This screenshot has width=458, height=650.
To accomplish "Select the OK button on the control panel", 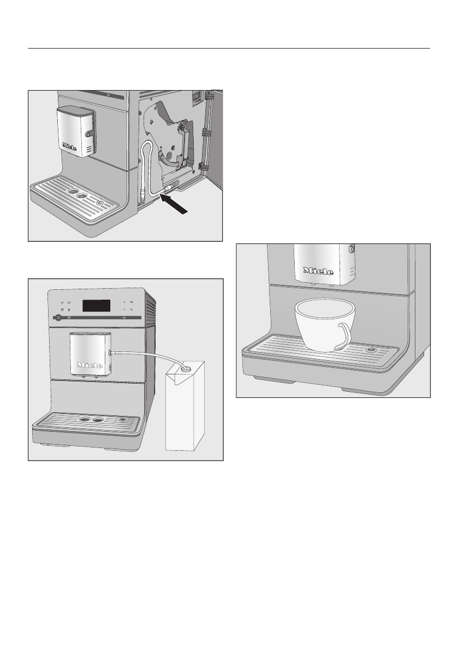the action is [131, 302].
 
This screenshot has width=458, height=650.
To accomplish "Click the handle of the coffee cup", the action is [344, 336].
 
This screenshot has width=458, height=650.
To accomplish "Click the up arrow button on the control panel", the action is [124, 302].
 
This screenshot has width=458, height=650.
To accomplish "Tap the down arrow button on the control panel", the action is [124, 309].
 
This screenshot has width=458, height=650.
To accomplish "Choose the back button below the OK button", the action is [131, 309].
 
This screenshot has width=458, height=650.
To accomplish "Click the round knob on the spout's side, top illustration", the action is [88, 133].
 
